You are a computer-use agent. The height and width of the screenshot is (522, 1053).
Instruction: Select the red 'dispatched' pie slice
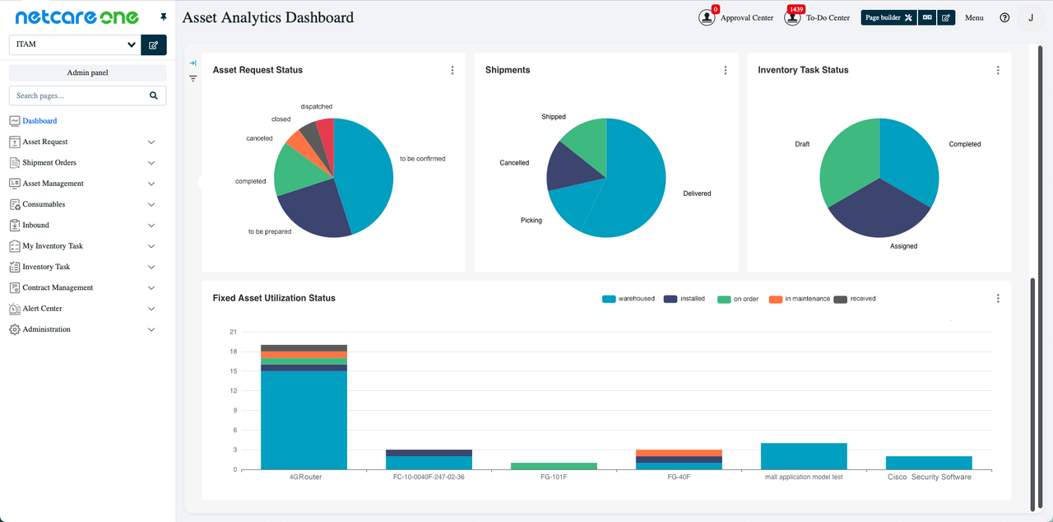(x=325, y=136)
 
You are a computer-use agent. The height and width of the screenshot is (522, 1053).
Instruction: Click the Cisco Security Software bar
(x=929, y=463)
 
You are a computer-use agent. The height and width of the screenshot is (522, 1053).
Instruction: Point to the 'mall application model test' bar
(x=804, y=456)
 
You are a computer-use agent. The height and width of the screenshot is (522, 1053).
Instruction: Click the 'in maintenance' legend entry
(x=799, y=299)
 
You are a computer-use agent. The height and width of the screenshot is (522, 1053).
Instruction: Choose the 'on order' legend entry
(x=738, y=299)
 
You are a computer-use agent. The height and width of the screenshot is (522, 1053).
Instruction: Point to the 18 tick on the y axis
(x=233, y=352)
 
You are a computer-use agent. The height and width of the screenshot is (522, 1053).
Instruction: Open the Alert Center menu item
(x=43, y=309)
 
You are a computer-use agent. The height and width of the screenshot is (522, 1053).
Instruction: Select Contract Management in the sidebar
(x=58, y=288)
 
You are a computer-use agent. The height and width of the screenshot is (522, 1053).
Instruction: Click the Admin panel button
(x=87, y=72)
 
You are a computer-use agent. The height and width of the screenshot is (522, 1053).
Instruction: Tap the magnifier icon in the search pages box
(x=154, y=96)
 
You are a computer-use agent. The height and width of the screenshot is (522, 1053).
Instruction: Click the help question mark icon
(x=1004, y=17)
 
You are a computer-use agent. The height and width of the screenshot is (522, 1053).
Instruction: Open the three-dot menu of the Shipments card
(x=726, y=70)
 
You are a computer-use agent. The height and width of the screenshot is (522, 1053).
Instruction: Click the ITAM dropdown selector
(x=74, y=44)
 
